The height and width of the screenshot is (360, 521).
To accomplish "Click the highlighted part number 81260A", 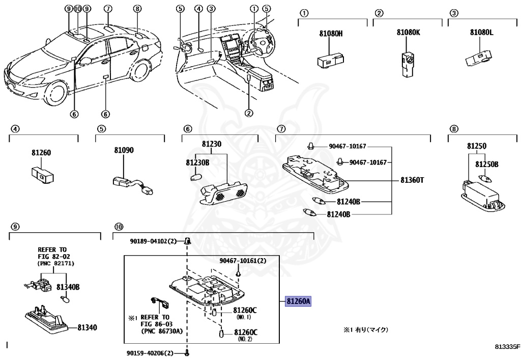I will (x=298, y=301).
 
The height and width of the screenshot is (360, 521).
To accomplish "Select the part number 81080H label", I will (x=331, y=34).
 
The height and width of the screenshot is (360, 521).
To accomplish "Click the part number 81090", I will (x=124, y=150).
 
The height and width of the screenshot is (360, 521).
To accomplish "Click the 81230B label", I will (x=197, y=162).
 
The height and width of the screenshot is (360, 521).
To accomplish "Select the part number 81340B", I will (x=68, y=288).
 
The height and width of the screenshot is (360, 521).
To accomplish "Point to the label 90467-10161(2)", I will (x=243, y=261).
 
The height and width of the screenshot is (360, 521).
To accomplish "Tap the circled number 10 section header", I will (x=119, y=227).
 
